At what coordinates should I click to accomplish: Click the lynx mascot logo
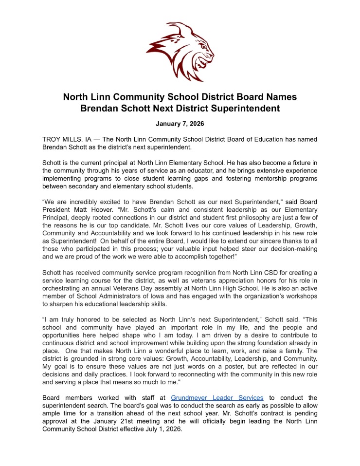click(x=180, y=51)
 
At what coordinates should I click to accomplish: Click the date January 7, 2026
click(x=180, y=124)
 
